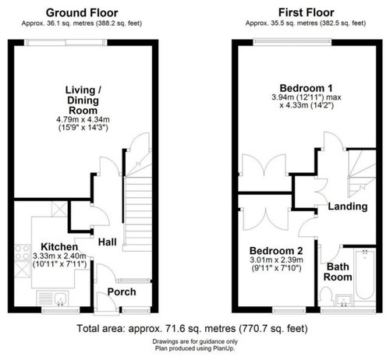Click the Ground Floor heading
click(x=82, y=12)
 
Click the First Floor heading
click(x=306, y=12)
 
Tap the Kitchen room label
click(x=59, y=247)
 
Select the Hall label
click(x=107, y=242)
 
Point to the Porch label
click(x=122, y=292)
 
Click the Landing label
click(x=348, y=206)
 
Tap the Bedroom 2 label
click(x=276, y=251)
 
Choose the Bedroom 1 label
click(x=306, y=88)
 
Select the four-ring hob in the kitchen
click(x=23, y=252)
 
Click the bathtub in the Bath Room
click(x=365, y=274)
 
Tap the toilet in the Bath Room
click(x=326, y=297)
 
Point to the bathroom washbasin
click(x=344, y=300)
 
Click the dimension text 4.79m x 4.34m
click(x=83, y=120)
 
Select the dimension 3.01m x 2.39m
click(x=276, y=259)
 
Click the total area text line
click(x=192, y=329)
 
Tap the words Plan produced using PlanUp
click(x=195, y=348)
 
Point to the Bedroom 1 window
click(x=292, y=41)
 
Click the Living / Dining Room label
click(x=83, y=101)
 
